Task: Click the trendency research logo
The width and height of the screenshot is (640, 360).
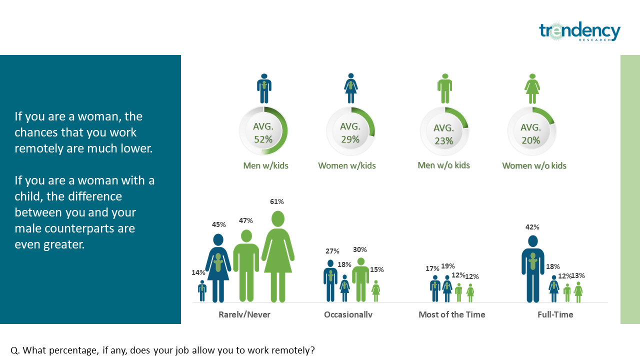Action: (579, 31)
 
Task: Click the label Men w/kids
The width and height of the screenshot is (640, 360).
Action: (265, 165)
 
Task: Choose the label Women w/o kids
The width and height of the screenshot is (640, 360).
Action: (534, 165)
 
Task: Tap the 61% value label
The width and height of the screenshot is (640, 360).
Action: (277, 201)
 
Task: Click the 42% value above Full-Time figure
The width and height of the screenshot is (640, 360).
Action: (532, 227)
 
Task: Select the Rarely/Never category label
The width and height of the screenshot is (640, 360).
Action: (244, 314)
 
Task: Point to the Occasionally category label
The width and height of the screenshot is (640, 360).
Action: (348, 314)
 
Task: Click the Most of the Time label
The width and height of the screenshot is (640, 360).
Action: (452, 314)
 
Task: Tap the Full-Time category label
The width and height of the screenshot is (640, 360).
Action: (555, 314)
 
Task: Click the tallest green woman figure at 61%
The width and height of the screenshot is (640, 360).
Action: (277, 256)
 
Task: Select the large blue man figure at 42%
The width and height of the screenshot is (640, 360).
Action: (533, 268)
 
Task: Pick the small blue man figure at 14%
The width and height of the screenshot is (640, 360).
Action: (202, 291)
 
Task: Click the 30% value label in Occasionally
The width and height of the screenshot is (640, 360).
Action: (359, 249)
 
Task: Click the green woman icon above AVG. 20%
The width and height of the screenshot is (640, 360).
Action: (532, 88)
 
